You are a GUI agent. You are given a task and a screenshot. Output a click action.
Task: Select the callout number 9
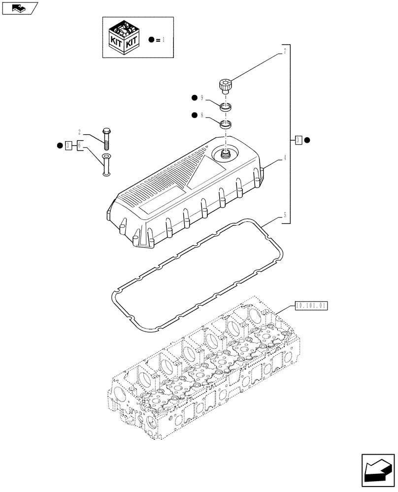click(x=201, y=98)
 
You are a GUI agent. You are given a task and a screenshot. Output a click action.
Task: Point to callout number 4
click(x=284, y=158)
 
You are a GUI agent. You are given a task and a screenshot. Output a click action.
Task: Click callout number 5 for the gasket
click(x=284, y=215)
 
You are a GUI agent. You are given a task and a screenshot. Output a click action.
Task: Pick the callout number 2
click(x=79, y=132)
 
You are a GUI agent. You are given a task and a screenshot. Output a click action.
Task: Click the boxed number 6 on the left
click(x=79, y=145)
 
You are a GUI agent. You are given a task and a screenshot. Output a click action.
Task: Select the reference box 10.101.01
click(x=311, y=306)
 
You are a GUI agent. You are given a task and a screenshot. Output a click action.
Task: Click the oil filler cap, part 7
click(x=226, y=85)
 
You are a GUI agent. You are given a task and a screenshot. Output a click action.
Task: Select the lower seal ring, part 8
click(x=226, y=123)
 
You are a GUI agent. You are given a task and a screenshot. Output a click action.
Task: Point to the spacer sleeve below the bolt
click(x=106, y=164)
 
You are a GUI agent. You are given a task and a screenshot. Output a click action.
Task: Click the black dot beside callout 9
click(x=195, y=98)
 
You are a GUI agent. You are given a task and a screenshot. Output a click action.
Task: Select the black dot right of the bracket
click(x=307, y=140)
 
